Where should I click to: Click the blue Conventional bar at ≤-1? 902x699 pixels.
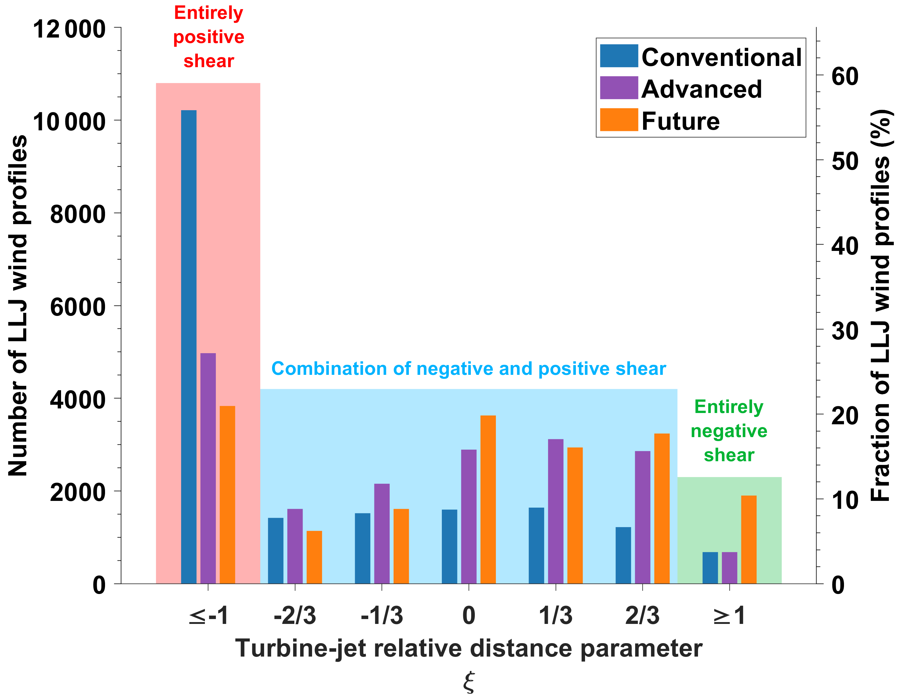coord(189,347)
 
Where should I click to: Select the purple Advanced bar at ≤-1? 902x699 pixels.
coord(208,468)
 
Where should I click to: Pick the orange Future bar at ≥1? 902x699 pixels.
coord(748,539)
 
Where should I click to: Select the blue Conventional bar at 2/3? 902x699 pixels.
coord(623,555)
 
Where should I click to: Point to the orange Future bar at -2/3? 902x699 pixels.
coord(314,557)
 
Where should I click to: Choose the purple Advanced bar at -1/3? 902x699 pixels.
coord(382,534)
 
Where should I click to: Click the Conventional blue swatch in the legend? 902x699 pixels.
coord(619,56)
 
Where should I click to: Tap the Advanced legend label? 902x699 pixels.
coord(701,89)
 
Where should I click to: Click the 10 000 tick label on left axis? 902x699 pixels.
coord(69,122)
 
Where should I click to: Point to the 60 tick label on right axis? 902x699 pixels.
coord(845,76)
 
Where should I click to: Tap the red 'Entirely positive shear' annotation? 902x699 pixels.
coord(209,37)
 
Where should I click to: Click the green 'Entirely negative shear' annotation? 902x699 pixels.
coord(729,431)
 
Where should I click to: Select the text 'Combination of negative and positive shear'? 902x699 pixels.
coord(468,368)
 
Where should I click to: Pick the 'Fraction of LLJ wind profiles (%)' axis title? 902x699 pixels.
coord(881,306)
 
